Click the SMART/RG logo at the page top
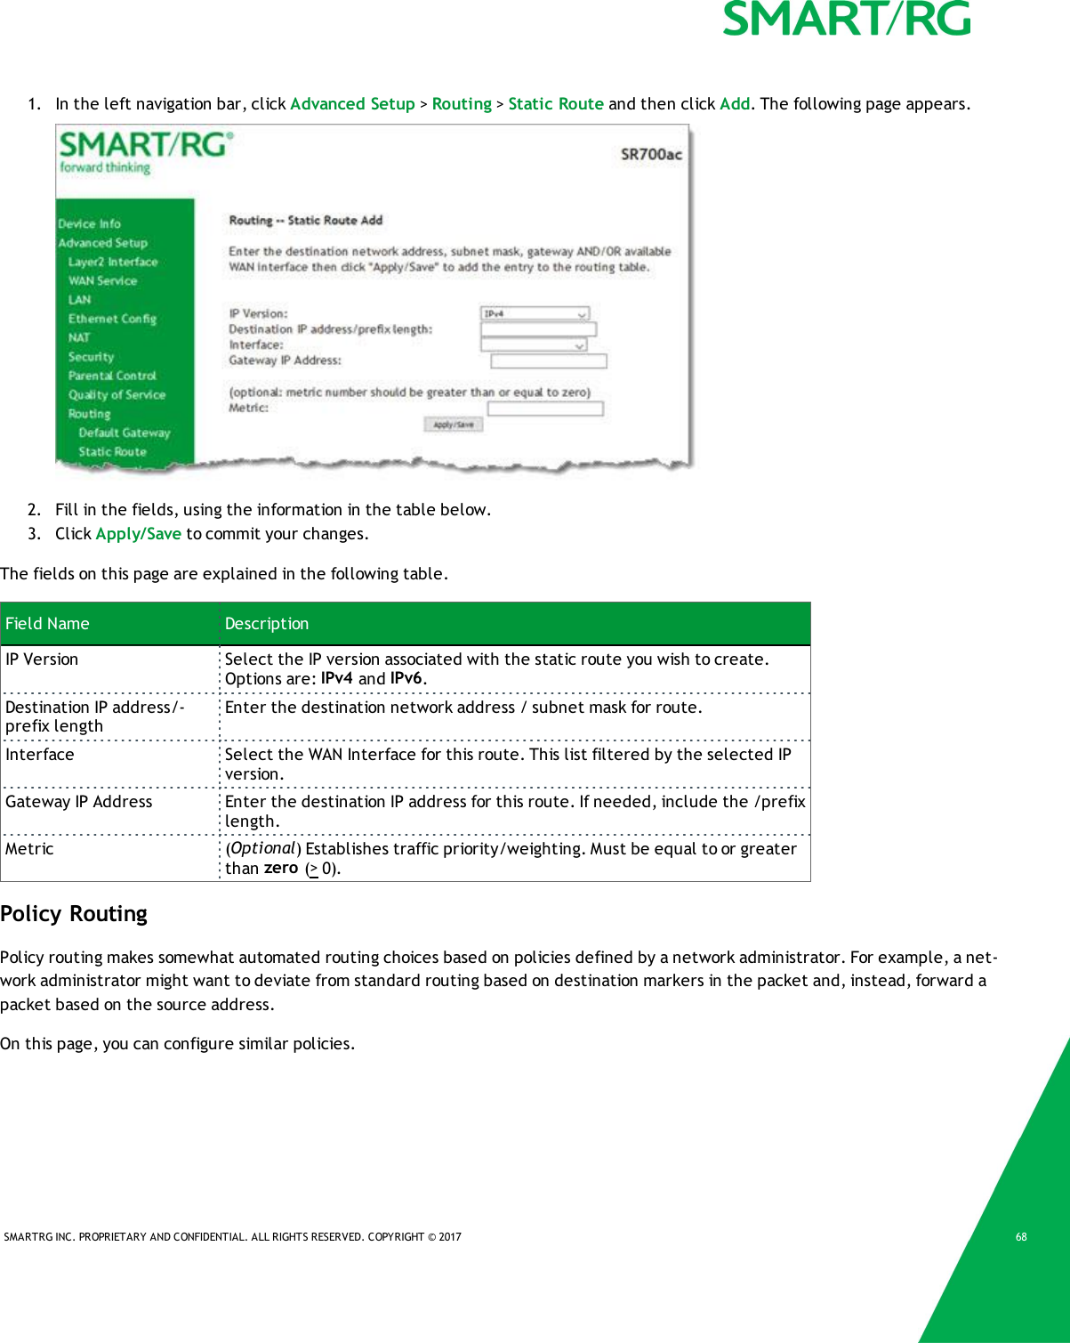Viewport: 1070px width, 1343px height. pos(846,20)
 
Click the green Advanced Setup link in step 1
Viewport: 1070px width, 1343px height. pos(352,104)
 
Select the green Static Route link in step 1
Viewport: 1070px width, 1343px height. pos(555,104)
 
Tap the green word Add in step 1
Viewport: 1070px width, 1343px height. pos(734,104)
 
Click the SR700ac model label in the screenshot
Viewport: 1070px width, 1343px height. pos(651,155)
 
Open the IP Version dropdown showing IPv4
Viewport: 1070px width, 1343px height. pos(535,313)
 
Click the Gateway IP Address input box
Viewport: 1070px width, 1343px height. pos(548,360)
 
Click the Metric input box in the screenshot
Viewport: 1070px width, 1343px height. pos(544,409)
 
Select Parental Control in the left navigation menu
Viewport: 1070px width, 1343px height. pos(112,376)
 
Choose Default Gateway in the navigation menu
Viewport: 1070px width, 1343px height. pos(124,433)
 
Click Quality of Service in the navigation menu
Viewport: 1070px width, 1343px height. pos(117,395)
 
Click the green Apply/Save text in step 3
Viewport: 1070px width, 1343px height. pos(138,534)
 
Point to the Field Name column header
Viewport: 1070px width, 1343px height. pos(48,624)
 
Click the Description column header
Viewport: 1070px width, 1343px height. pos(267,624)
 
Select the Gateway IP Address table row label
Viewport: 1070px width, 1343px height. pos(79,802)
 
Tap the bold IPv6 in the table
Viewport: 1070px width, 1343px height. pos(406,678)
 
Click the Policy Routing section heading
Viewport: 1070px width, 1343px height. pos(74,914)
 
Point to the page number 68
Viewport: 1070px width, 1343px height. pos(1021,1237)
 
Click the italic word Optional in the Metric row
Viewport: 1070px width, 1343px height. pos(262,848)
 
